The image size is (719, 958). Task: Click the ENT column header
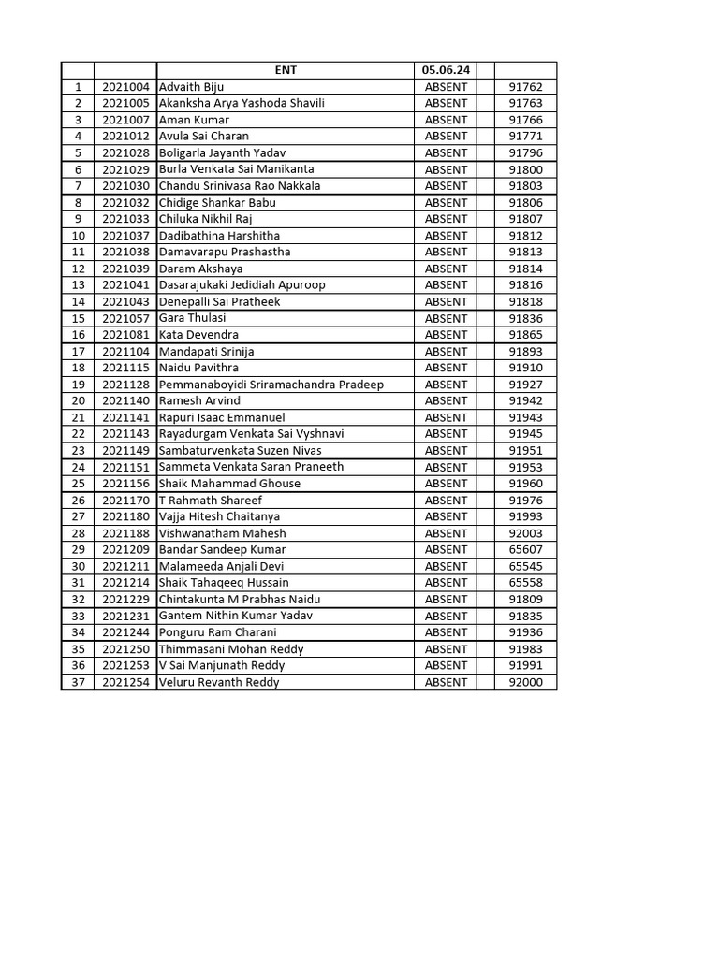(286, 70)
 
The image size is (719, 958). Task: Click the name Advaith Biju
(192, 87)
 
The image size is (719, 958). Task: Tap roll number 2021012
(125, 137)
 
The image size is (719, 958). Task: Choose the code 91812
(525, 236)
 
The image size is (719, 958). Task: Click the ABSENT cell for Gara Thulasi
(446, 318)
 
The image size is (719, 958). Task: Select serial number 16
(78, 335)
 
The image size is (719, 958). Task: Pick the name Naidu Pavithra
(198, 368)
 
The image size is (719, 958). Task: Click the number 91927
(525, 385)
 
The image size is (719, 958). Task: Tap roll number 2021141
(125, 417)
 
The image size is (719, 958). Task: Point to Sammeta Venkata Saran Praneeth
(251, 467)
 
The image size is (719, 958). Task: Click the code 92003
(525, 533)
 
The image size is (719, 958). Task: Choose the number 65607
(525, 550)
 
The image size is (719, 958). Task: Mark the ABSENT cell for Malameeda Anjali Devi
(446, 566)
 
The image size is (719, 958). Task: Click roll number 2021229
(125, 600)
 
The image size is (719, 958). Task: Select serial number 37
(78, 682)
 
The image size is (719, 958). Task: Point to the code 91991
(525, 665)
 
